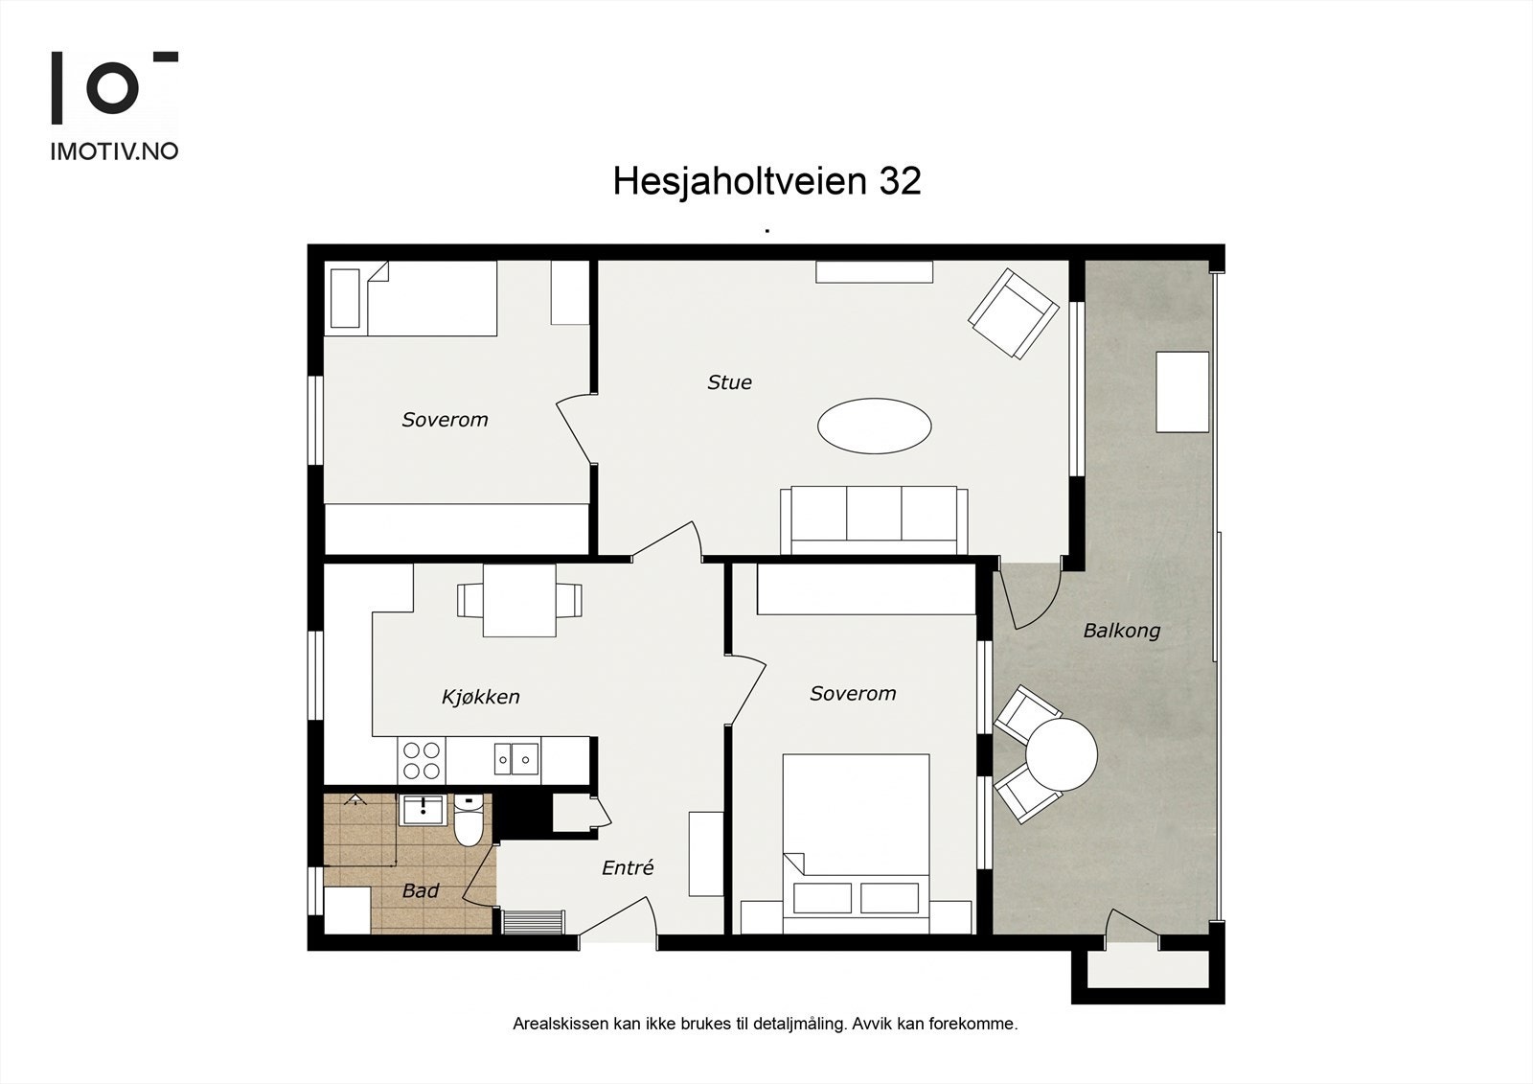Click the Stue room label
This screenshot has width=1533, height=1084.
click(x=729, y=382)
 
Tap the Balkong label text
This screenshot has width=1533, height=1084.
click(x=1121, y=631)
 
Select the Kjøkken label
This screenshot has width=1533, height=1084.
click(x=480, y=697)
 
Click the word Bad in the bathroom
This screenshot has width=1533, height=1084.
click(x=420, y=891)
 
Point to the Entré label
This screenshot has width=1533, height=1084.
click(x=628, y=868)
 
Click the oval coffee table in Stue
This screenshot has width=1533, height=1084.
click(x=874, y=426)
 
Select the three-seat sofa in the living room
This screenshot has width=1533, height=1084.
click(x=874, y=519)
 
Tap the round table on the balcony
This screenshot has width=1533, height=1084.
click(x=1061, y=754)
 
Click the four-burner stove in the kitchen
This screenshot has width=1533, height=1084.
click(x=422, y=760)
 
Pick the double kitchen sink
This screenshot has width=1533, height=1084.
click(x=516, y=759)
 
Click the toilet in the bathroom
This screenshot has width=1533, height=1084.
click(x=469, y=821)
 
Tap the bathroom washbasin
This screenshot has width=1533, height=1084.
click(x=422, y=811)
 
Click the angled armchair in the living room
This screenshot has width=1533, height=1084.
click(x=1014, y=313)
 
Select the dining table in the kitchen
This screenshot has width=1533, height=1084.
click(x=519, y=601)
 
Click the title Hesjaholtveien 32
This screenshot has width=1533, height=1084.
click(x=766, y=180)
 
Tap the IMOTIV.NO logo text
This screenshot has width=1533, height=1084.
click(x=114, y=151)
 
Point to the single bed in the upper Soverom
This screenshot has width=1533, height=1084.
click(x=431, y=298)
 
